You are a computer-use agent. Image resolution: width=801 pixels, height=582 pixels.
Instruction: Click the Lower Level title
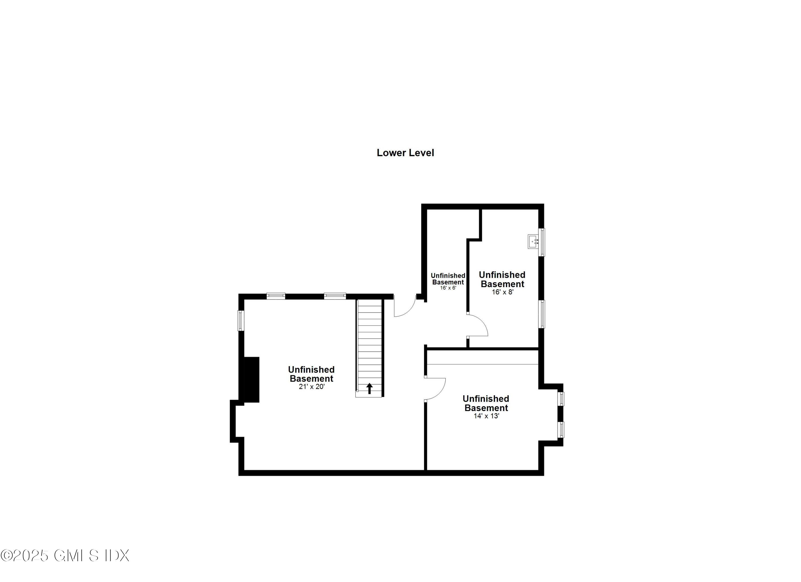click(405, 153)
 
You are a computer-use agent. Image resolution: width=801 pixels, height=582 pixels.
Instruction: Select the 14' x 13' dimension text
click(486, 416)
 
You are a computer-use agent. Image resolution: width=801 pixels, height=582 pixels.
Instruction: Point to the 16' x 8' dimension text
click(502, 292)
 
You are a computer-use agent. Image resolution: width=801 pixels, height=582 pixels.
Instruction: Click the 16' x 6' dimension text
click(448, 288)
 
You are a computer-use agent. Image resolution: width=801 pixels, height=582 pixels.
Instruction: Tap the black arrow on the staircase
click(370, 388)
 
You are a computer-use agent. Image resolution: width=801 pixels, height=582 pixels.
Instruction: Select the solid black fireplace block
click(251, 380)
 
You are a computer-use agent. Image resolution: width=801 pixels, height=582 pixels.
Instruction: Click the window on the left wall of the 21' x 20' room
click(241, 321)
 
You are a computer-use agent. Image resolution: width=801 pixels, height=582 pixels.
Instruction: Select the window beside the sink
click(541, 242)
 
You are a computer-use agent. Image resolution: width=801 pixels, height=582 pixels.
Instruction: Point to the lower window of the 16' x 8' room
click(541, 314)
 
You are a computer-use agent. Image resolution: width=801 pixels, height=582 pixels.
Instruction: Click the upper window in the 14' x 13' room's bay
click(560, 399)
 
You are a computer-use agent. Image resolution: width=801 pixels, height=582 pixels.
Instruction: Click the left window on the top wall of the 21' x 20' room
click(276, 296)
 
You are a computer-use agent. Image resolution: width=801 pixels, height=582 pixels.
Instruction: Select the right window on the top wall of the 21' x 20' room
click(335, 296)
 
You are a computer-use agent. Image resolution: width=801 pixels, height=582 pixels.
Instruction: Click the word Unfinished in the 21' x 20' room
click(311, 370)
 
